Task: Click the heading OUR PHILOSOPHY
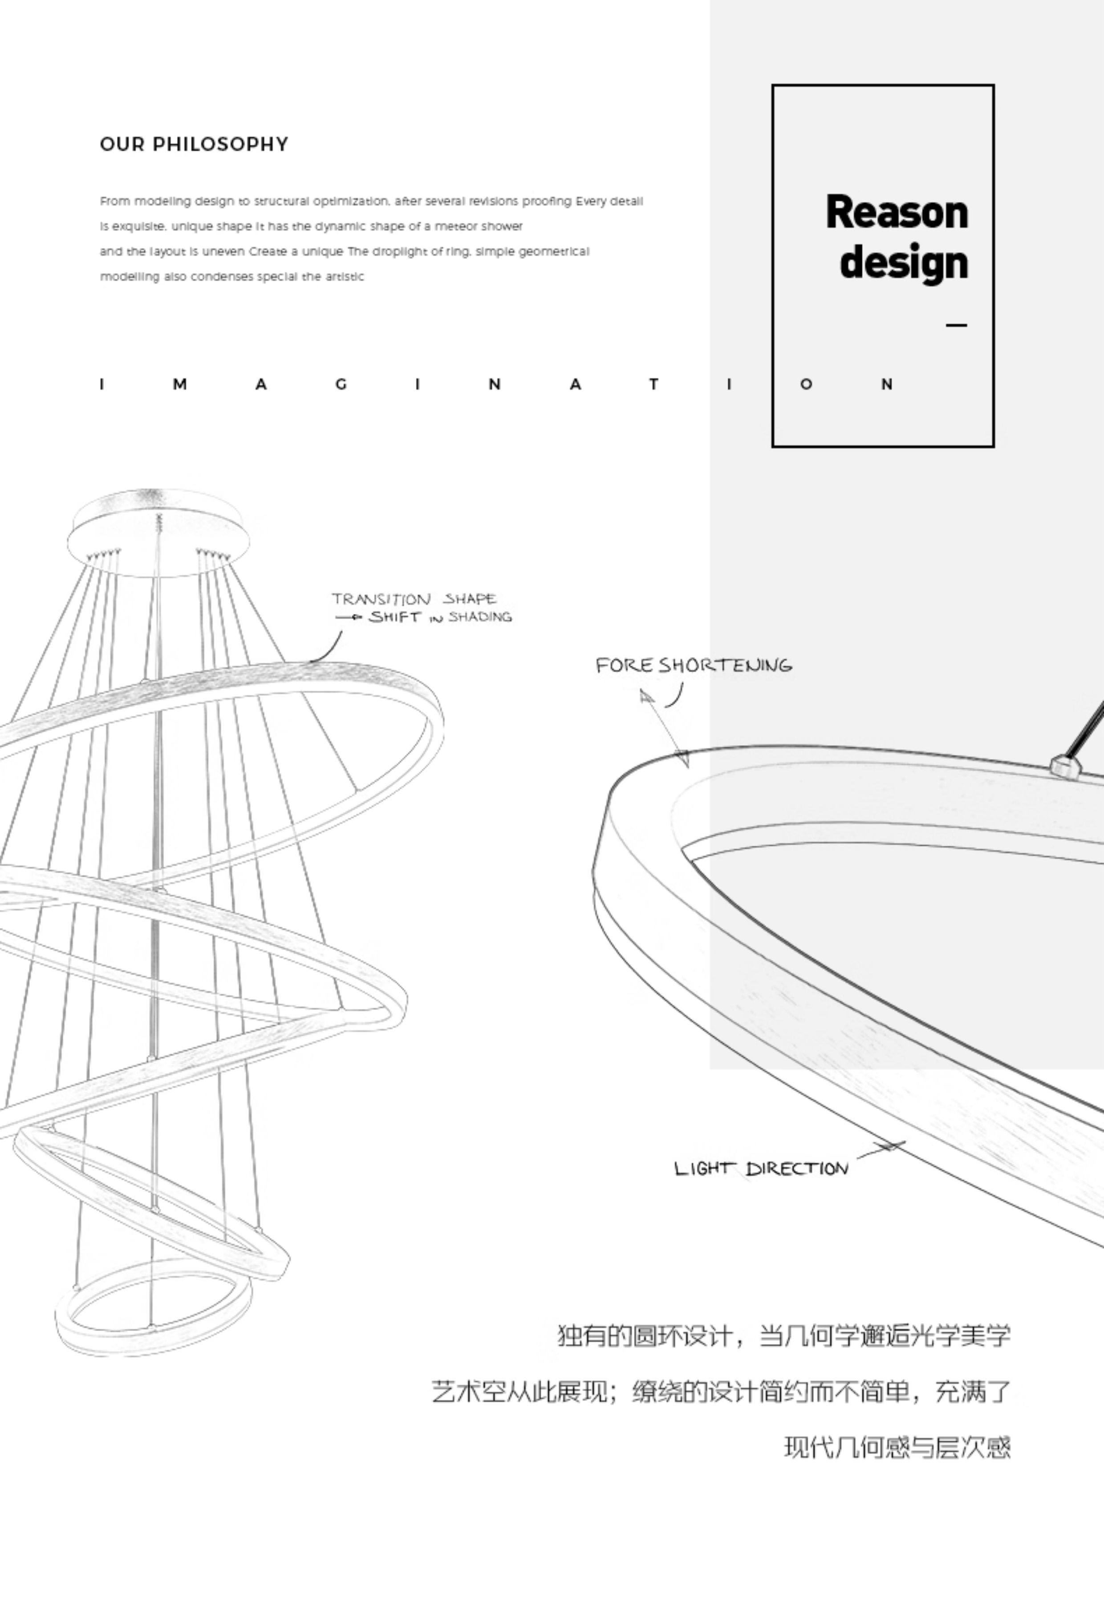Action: click(x=194, y=145)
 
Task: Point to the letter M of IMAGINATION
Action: click(x=180, y=384)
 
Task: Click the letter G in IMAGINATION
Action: click(x=341, y=384)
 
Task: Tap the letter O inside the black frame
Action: click(x=806, y=384)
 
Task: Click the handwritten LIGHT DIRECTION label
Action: click(x=761, y=1168)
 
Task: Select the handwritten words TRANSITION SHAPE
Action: click(x=414, y=599)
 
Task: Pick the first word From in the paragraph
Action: click(x=115, y=202)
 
